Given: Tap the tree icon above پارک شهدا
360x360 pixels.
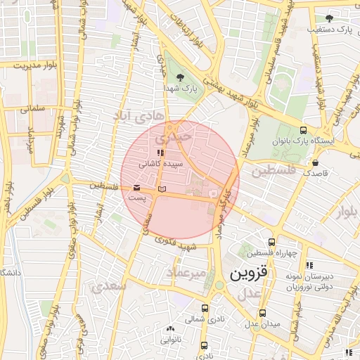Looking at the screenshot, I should (181, 77).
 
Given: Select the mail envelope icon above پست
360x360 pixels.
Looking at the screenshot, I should (136, 188).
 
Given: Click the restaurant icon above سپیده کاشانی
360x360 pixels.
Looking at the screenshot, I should (160, 152).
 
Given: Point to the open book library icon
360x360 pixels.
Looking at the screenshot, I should (162, 189).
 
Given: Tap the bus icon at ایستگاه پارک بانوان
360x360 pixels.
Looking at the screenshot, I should (303, 129).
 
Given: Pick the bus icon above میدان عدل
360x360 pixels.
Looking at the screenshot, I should (262, 313).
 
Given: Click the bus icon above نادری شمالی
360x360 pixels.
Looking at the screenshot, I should (205, 308).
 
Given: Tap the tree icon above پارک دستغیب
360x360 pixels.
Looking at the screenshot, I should (329, 18).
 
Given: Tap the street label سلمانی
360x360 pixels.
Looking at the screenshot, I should (32, 109).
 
